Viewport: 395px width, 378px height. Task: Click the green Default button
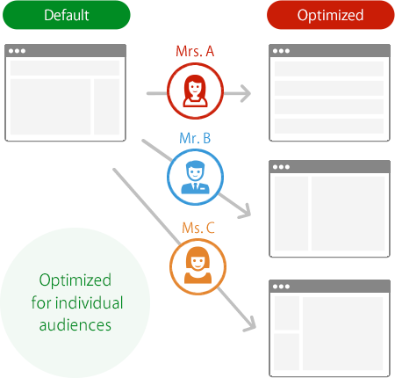[x=67, y=15]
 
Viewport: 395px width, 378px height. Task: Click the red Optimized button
[x=331, y=15]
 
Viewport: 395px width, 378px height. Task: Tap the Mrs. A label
[x=195, y=51]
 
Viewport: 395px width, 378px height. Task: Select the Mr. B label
[x=195, y=138]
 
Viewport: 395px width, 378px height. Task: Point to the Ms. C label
[x=198, y=228]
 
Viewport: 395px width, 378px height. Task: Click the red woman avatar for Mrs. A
[x=195, y=91]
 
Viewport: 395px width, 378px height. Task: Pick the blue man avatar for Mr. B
[x=195, y=177]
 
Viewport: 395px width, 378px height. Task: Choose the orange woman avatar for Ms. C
[x=197, y=266]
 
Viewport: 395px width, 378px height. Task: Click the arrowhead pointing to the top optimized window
[x=245, y=93]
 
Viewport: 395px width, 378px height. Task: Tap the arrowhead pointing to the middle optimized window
[x=246, y=212]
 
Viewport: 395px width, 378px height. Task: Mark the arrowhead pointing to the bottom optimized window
[x=251, y=324]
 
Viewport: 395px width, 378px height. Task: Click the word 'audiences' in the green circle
[x=75, y=325]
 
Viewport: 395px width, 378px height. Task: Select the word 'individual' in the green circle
[x=90, y=302]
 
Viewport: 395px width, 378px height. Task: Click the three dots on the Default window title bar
[x=17, y=51]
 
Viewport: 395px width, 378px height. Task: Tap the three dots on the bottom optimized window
[x=281, y=287]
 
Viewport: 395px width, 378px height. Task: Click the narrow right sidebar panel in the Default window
[x=107, y=106]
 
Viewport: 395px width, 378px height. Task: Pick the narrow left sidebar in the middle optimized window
[x=291, y=214]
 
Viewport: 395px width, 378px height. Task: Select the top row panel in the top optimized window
[x=329, y=69]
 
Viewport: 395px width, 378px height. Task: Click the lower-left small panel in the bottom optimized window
[x=286, y=352]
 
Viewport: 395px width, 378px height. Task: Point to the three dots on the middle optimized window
[x=281, y=167]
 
